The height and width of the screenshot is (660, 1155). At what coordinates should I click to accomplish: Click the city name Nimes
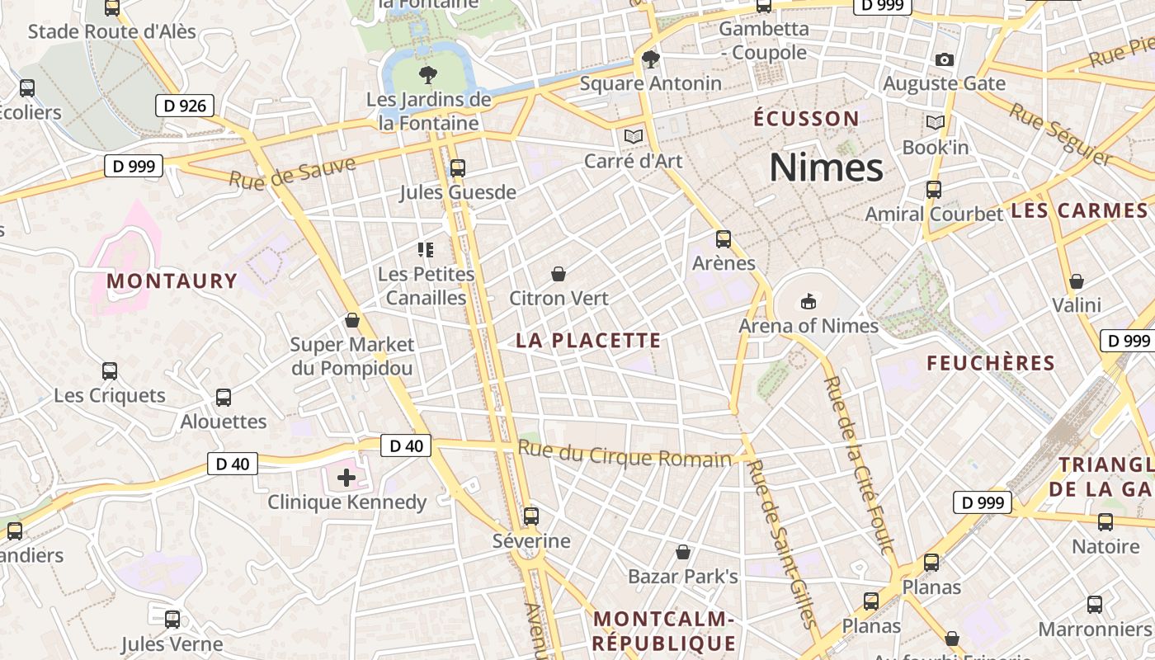(x=826, y=168)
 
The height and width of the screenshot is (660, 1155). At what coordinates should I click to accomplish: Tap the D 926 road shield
(x=185, y=105)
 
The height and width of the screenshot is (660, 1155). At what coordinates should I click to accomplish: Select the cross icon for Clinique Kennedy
(x=346, y=477)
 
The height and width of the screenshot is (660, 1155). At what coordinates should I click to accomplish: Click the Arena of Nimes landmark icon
(x=808, y=302)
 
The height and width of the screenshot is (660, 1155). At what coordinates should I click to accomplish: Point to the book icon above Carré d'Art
(x=633, y=136)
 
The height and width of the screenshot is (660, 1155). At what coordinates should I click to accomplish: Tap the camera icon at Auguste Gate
(x=945, y=59)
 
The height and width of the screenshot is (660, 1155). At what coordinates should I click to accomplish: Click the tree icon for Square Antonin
(x=651, y=59)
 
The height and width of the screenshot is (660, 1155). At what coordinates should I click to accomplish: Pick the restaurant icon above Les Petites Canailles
(x=426, y=249)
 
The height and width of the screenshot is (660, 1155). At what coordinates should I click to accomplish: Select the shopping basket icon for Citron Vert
(x=559, y=274)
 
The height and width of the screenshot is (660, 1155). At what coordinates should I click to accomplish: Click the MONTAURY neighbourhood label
(x=172, y=281)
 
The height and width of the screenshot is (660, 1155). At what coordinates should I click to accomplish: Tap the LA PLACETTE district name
(x=588, y=340)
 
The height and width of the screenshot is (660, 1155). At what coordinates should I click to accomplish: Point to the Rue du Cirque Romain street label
(x=625, y=455)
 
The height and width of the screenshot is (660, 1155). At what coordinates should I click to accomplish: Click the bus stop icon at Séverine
(x=531, y=516)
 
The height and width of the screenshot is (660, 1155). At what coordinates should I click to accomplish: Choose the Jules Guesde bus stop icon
(x=458, y=168)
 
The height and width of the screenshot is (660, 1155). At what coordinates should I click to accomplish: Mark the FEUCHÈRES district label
(x=991, y=363)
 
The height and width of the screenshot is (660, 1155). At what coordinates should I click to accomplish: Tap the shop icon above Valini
(x=1077, y=281)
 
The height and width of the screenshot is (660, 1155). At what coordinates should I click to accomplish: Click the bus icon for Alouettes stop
(x=224, y=398)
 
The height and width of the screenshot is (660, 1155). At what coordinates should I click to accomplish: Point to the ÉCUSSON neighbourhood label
(x=806, y=119)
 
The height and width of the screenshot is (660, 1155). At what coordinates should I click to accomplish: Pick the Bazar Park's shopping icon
(x=683, y=551)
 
